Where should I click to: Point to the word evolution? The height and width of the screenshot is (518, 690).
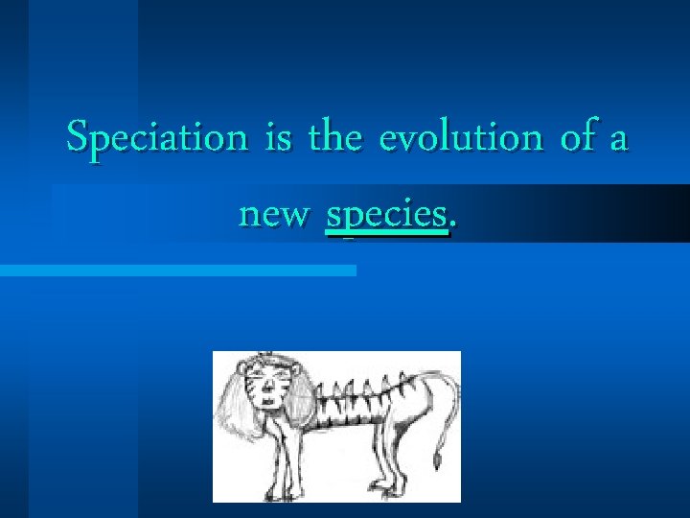[461, 138]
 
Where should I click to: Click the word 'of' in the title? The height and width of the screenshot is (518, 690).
[578, 138]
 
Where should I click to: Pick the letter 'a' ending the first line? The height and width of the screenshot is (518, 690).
[618, 141]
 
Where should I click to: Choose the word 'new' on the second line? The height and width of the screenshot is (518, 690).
[274, 216]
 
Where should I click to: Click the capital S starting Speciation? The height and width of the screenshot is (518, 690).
[78, 138]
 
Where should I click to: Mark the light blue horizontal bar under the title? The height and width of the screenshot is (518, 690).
[177, 271]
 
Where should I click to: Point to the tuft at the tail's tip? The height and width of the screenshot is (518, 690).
[436, 462]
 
